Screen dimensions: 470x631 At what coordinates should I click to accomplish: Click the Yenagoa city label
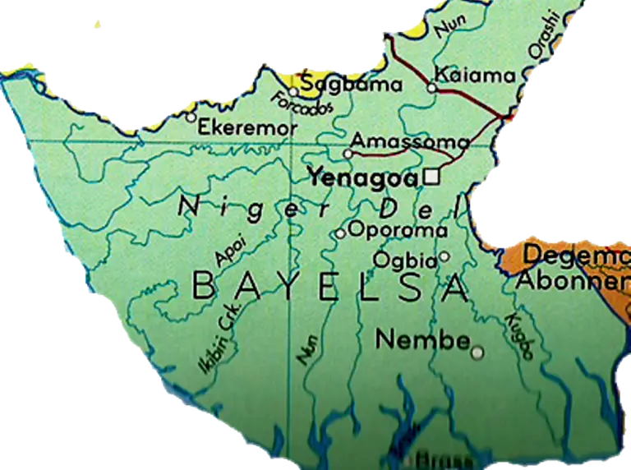click(x=362, y=175)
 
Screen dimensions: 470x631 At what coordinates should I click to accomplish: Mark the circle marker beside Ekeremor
click(x=191, y=117)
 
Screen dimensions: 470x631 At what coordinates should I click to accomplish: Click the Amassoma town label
click(x=411, y=141)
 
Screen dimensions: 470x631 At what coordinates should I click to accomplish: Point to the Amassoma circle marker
click(x=348, y=153)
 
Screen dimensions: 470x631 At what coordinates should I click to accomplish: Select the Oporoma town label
click(x=397, y=230)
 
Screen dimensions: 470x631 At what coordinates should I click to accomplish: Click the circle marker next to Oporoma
click(x=340, y=234)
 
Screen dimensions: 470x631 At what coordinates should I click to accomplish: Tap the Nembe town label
click(x=421, y=339)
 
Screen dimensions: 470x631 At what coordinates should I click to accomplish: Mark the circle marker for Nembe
click(x=477, y=352)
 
